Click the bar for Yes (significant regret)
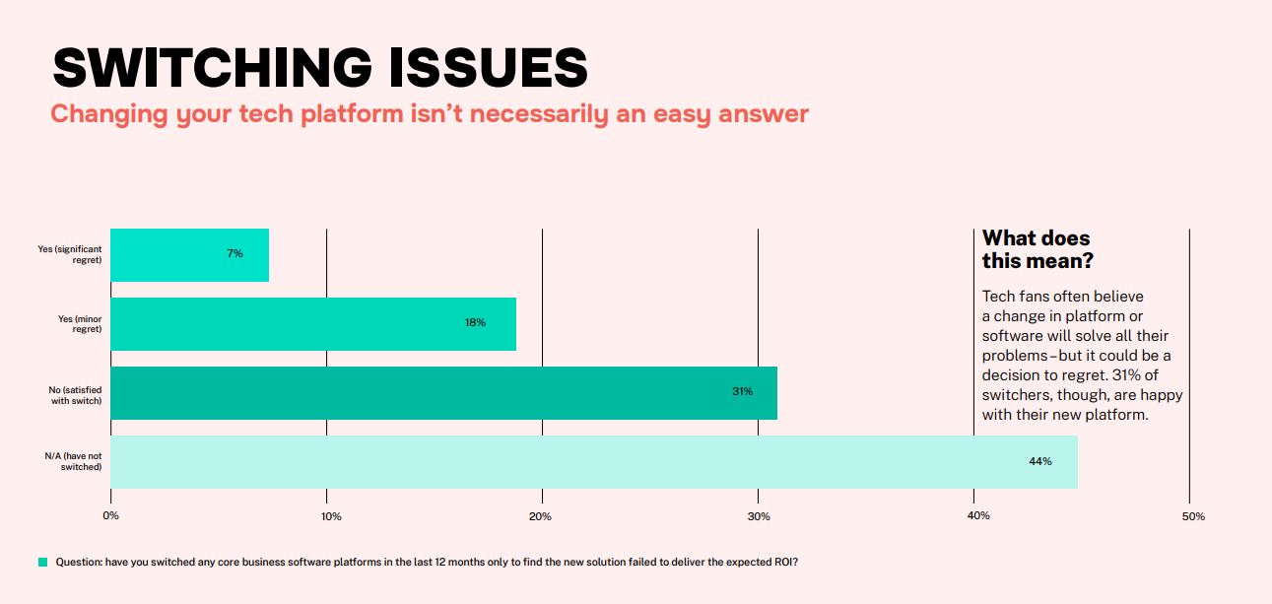tap(189, 254)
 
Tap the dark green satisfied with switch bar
tap(443, 392)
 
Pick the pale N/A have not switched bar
tap(591, 461)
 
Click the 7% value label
tap(234, 254)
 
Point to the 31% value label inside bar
tap(742, 392)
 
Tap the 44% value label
tap(1040, 461)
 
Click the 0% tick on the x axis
tap(110, 516)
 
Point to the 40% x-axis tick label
tap(978, 516)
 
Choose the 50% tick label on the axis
tap(1194, 516)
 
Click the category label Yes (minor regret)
tap(80, 323)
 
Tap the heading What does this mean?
tap(1037, 249)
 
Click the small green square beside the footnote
tap(42, 563)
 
